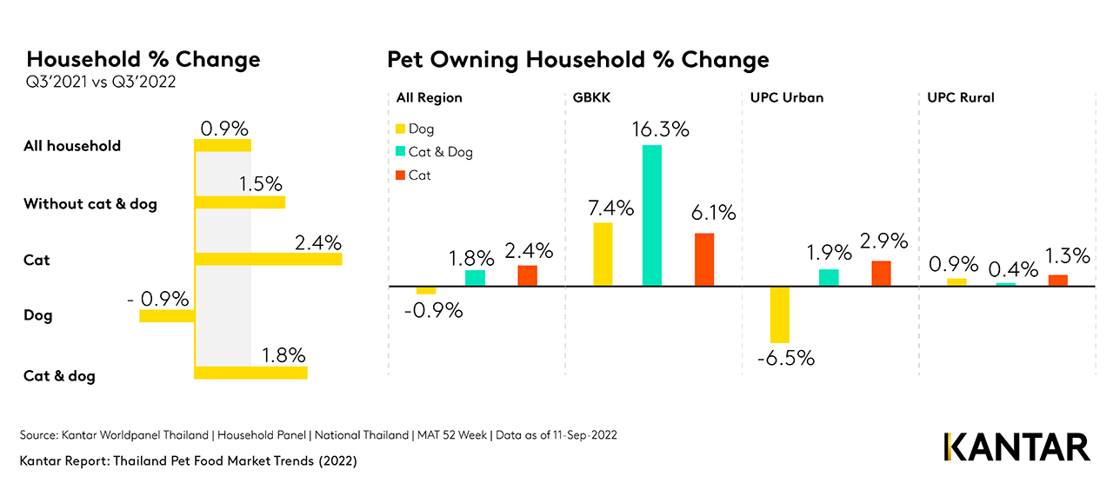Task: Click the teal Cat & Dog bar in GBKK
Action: pyautogui.click(x=652, y=215)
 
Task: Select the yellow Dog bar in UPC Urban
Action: pyautogui.click(x=779, y=314)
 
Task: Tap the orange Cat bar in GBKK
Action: pyautogui.click(x=703, y=259)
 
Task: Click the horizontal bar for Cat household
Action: pyautogui.click(x=268, y=259)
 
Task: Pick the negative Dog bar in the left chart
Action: pyautogui.click(x=167, y=315)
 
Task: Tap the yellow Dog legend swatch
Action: pyautogui.click(x=400, y=129)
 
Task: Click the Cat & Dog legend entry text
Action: pyautogui.click(x=441, y=152)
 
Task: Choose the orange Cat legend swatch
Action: pyautogui.click(x=400, y=175)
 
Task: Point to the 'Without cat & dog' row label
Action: pyautogui.click(x=90, y=204)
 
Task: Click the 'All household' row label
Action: pyautogui.click(x=72, y=146)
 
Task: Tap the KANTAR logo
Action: pyautogui.click(x=1016, y=447)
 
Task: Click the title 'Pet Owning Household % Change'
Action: pyautogui.click(x=577, y=59)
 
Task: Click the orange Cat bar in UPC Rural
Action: pyautogui.click(x=1057, y=280)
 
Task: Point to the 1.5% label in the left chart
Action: pyautogui.click(x=261, y=184)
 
